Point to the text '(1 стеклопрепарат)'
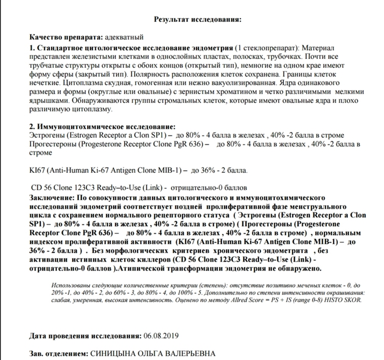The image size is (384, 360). click(x=264, y=48)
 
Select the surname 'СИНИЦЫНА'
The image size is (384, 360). click(x=111, y=353)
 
